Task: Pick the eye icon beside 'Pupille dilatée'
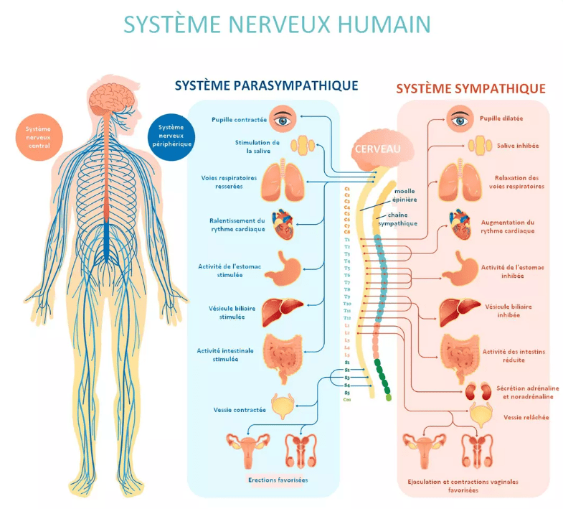click(461, 118)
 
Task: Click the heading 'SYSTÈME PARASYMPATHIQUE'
click(266, 85)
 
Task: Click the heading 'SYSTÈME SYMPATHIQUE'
click(470, 88)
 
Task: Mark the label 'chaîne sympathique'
click(402, 219)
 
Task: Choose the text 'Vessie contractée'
click(239, 410)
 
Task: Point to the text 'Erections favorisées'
click(278, 479)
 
